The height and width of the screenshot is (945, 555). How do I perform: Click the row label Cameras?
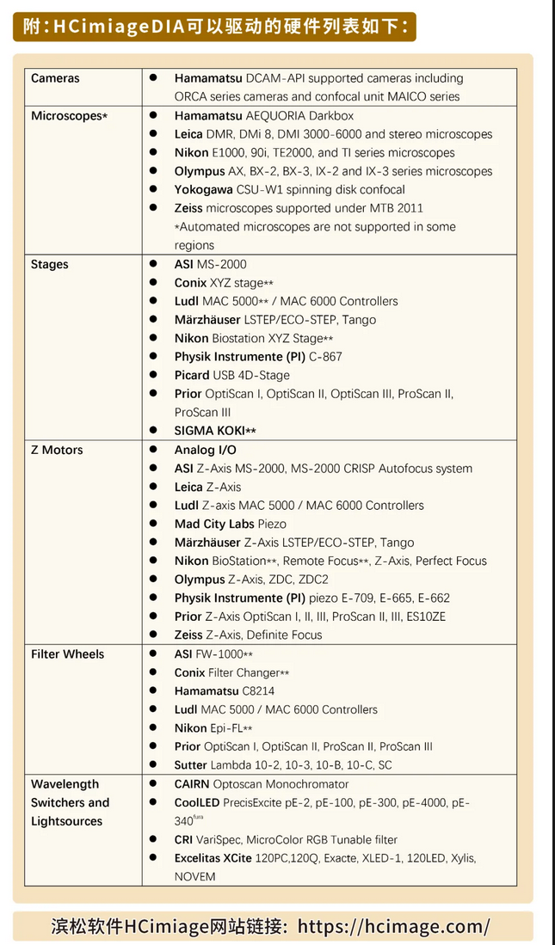click(55, 78)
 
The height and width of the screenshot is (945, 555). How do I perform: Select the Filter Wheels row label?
click(67, 654)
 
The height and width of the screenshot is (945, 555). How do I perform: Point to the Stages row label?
click(49, 264)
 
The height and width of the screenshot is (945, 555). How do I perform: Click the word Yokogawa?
click(203, 189)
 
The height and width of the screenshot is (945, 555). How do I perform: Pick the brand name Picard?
click(192, 375)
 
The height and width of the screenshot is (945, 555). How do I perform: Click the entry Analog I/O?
click(205, 450)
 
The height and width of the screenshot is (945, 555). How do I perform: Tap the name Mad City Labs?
click(213, 524)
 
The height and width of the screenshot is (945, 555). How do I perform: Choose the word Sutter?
click(191, 764)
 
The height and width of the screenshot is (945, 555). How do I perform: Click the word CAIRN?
click(192, 784)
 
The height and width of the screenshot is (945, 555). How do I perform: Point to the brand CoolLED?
click(197, 802)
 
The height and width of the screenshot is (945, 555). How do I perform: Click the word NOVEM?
click(195, 876)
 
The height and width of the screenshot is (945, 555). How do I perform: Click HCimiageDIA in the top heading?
click(119, 26)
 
